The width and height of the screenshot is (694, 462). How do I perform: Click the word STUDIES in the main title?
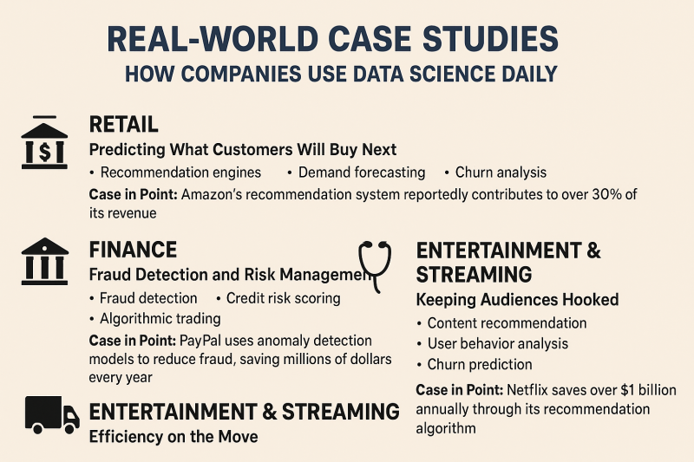(490, 39)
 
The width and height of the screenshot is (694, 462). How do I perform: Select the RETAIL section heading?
(123, 124)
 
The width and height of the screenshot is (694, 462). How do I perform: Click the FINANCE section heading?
(133, 250)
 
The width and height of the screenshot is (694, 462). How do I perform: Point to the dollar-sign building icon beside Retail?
(44, 142)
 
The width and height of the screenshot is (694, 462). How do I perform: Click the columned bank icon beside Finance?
(45, 261)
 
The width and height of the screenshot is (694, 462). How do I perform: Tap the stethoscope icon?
(375, 267)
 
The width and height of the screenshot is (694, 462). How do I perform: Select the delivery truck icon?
(52, 414)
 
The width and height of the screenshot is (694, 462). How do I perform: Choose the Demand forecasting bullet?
(362, 172)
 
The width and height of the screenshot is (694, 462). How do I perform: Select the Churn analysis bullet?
(501, 172)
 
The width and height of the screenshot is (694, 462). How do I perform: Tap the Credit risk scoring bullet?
(284, 298)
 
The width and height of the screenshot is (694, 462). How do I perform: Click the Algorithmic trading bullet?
(160, 319)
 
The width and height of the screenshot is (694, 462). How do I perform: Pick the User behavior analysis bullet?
(497, 343)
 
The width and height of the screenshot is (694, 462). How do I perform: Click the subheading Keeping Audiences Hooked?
(517, 300)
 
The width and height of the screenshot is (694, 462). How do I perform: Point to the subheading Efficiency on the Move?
(173, 437)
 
